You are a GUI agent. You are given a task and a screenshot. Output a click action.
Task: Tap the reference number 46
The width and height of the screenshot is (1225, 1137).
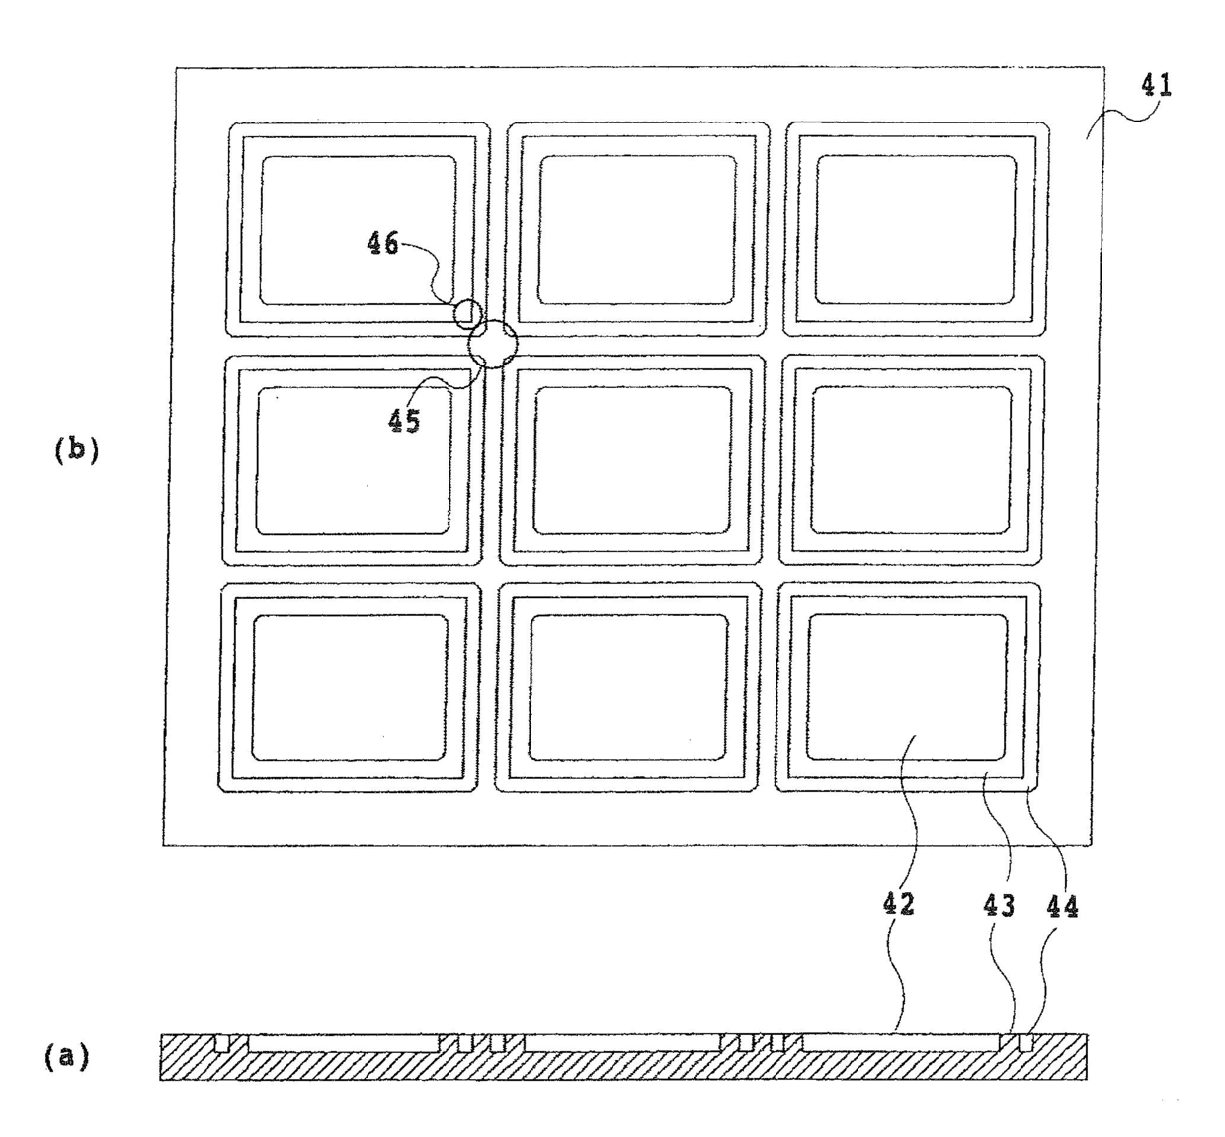(382, 243)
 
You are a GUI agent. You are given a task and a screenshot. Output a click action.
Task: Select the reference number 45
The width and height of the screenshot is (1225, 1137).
(404, 422)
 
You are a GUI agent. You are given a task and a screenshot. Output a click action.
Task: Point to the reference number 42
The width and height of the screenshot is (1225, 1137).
(898, 905)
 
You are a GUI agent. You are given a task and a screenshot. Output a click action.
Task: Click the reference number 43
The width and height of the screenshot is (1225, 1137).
(999, 906)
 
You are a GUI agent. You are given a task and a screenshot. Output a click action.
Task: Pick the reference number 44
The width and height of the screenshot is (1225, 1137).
(1062, 907)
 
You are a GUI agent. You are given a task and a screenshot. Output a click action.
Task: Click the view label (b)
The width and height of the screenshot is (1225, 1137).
(76, 450)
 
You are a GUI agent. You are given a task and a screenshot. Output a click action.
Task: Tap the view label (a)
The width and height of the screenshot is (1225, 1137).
(66, 1057)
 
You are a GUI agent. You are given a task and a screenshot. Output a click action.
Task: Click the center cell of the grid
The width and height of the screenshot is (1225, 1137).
(632, 460)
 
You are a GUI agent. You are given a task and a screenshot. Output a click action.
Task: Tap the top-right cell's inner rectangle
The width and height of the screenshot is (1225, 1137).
(916, 229)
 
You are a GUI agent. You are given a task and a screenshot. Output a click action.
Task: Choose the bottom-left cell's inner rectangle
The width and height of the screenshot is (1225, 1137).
(349, 688)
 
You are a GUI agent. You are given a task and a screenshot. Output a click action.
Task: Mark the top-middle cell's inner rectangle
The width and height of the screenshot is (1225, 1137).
(637, 229)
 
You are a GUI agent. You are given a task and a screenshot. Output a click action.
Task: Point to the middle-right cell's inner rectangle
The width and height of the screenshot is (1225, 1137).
(911, 460)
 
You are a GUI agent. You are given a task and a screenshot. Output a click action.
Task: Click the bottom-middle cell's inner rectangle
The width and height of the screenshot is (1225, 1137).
(628, 688)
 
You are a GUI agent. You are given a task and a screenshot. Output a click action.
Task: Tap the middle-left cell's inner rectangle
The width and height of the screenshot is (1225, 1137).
(354, 461)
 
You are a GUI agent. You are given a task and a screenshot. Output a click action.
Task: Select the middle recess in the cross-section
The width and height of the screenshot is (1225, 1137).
(622, 1043)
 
